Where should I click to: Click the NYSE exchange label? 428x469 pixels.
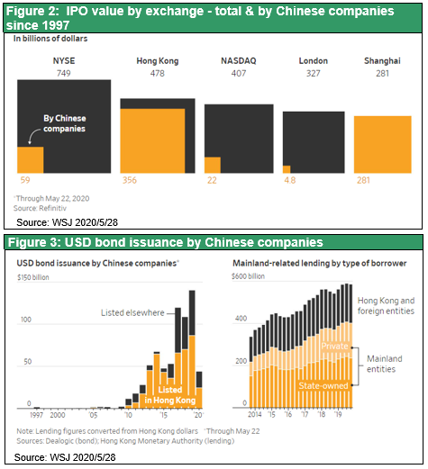[x=64, y=61]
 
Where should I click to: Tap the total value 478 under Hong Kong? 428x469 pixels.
[x=158, y=74]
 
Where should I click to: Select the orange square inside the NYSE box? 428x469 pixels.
[x=31, y=160]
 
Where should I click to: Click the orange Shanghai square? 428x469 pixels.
[x=383, y=145]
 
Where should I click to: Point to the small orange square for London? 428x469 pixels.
[x=287, y=169]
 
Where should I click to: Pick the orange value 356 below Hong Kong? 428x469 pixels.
[x=130, y=180]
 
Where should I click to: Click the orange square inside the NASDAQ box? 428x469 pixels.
[x=213, y=165]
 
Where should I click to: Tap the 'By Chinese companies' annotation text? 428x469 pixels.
[x=65, y=123]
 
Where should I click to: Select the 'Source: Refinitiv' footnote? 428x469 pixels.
[x=40, y=208]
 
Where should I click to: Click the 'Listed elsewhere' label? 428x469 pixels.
[x=132, y=312]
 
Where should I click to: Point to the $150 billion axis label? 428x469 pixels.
[x=33, y=277]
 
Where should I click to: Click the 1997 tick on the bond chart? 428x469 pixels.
[x=37, y=415]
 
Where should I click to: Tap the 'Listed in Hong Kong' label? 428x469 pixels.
[x=170, y=395]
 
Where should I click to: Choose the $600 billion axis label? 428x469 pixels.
[x=248, y=276]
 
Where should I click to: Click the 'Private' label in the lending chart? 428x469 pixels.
[x=334, y=347]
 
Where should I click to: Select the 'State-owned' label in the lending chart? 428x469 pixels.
[x=323, y=385]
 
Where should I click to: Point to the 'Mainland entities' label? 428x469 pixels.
[x=385, y=364]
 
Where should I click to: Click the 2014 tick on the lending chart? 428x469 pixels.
[x=255, y=414]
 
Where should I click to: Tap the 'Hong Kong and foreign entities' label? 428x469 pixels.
[x=386, y=306]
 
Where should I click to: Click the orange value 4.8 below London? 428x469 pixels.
[x=290, y=180]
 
